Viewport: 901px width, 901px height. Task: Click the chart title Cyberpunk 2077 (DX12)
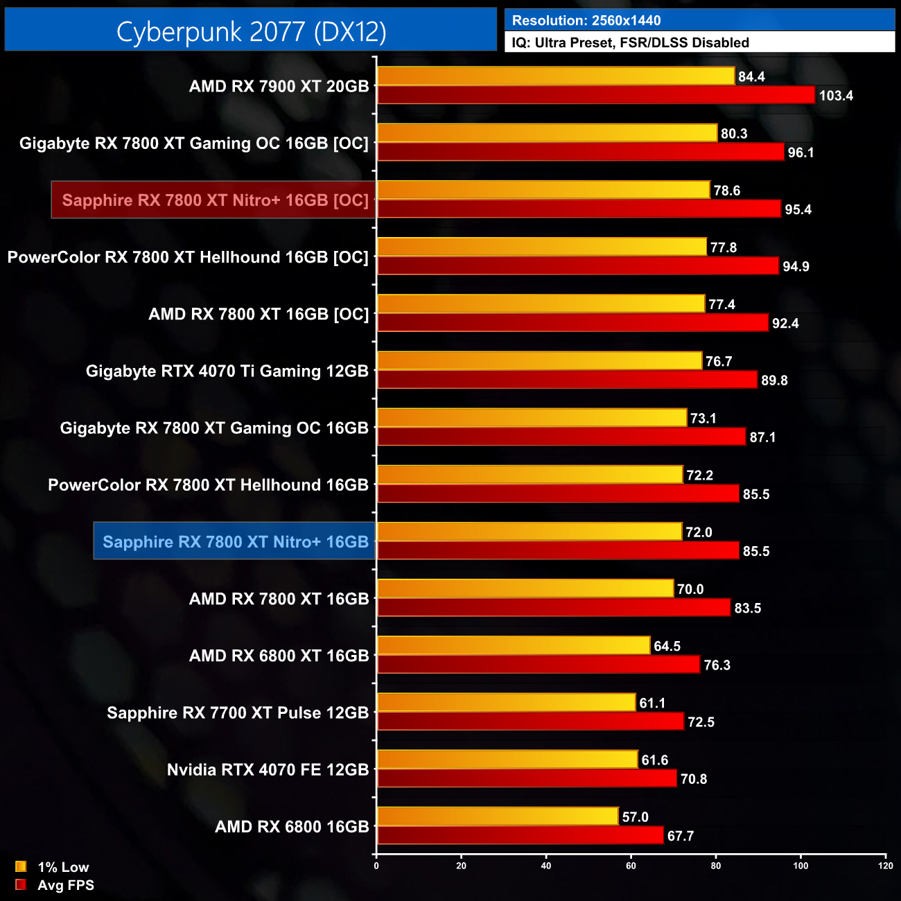coord(251,31)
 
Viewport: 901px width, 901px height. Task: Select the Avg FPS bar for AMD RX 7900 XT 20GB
coord(596,95)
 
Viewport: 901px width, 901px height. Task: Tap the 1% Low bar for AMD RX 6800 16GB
coord(498,816)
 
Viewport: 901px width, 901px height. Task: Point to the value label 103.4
coord(836,96)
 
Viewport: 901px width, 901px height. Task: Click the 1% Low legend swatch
coord(21,866)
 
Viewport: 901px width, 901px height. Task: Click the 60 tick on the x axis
coord(631,866)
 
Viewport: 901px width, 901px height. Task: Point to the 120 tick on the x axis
coord(885,866)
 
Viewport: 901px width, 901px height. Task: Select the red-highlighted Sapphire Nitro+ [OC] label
coord(215,200)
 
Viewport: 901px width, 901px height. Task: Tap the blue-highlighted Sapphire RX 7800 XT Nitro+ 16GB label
coord(235,542)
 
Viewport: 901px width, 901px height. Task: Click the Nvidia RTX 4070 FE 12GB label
coord(268,770)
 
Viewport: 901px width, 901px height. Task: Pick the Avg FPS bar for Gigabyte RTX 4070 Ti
coord(567,380)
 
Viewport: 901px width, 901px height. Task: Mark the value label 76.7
coord(719,362)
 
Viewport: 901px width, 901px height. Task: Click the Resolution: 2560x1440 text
coord(586,21)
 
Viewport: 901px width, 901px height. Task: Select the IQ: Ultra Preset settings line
coord(630,43)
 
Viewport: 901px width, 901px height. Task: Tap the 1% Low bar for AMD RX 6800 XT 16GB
coord(514,645)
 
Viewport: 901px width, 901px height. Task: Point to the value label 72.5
coord(701,722)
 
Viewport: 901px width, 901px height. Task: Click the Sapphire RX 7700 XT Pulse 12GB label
coord(238,713)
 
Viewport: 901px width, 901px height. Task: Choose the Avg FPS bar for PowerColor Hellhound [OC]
coord(578,266)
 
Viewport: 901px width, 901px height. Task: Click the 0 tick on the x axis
coord(376,866)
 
